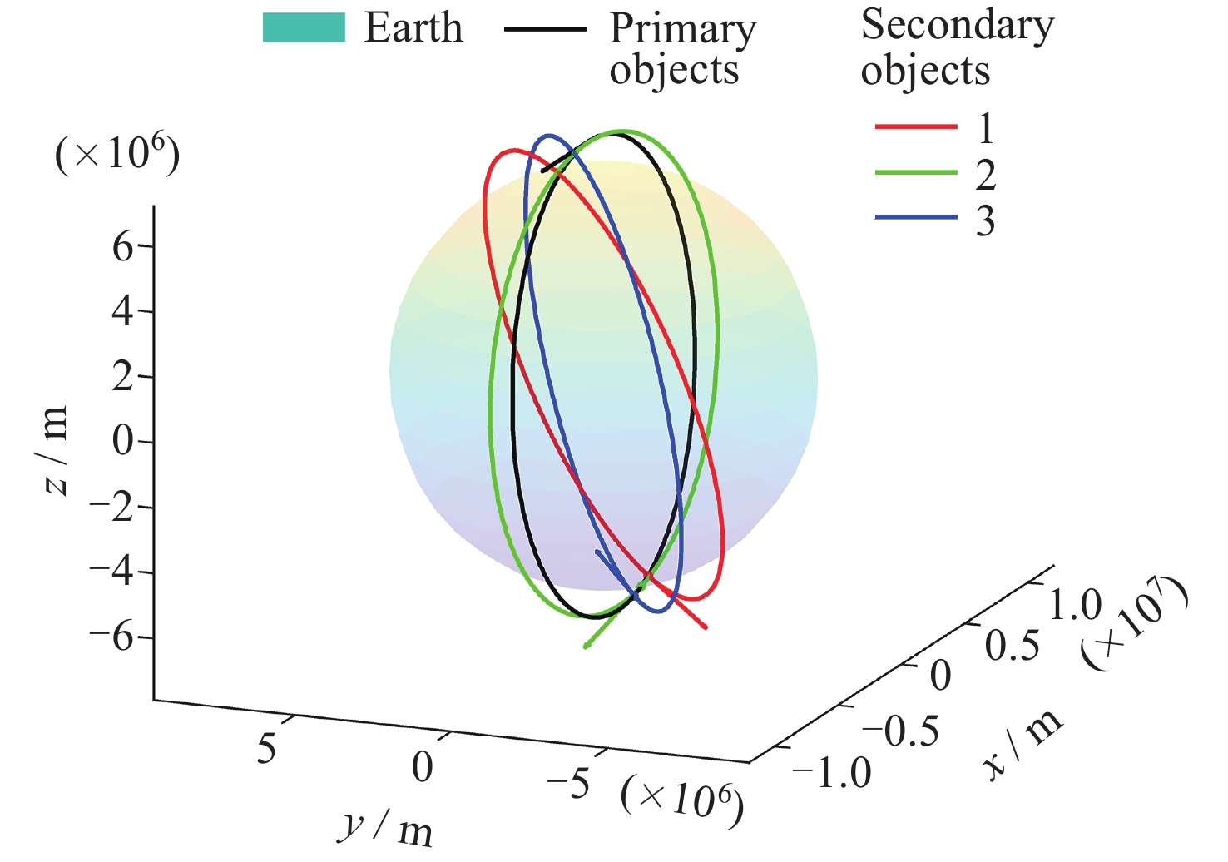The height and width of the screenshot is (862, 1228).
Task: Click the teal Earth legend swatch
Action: click(x=304, y=27)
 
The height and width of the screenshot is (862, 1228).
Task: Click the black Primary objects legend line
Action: click(x=545, y=29)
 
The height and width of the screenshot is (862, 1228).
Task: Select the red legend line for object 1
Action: click(x=916, y=127)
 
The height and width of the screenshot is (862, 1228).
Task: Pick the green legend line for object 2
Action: click(x=916, y=173)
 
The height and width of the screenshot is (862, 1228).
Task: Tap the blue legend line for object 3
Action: click(x=916, y=218)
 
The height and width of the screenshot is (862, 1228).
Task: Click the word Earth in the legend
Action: click(x=413, y=27)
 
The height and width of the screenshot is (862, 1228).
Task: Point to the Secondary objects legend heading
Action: click(x=957, y=47)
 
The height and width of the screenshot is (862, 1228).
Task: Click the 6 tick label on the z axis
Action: click(x=123, y=247)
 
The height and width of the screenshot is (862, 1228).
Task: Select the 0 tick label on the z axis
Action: click(x=123, y=442)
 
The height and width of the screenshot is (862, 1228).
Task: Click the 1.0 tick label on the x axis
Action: click(x=1074, y=606)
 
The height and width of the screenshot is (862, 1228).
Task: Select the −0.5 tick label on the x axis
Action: click(x=899, y=731)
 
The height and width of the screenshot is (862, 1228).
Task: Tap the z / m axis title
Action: click(x=55, y=450)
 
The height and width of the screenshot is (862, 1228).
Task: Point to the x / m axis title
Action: click(x=1023, y=744)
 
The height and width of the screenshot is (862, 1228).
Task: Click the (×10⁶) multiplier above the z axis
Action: click(x=117, y=154)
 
